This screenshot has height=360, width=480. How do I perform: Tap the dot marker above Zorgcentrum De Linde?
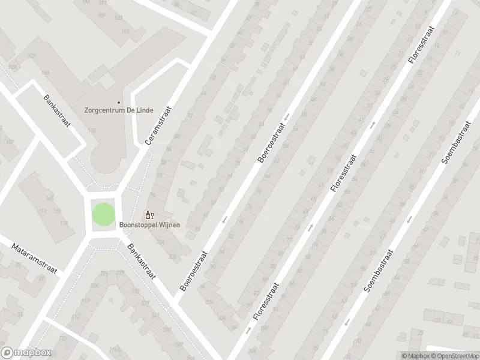[x=118, y=103]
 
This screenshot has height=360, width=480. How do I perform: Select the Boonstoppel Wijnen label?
[x=149, y=225]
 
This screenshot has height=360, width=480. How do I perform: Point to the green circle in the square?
[x=102, y=214]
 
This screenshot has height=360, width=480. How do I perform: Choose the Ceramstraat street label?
[x=158, y=123]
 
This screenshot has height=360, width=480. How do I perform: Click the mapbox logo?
[x=26, y=353]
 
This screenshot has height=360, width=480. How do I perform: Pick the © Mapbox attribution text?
[x=415, y=355]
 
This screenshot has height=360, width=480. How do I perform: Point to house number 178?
[x=63, y=223]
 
